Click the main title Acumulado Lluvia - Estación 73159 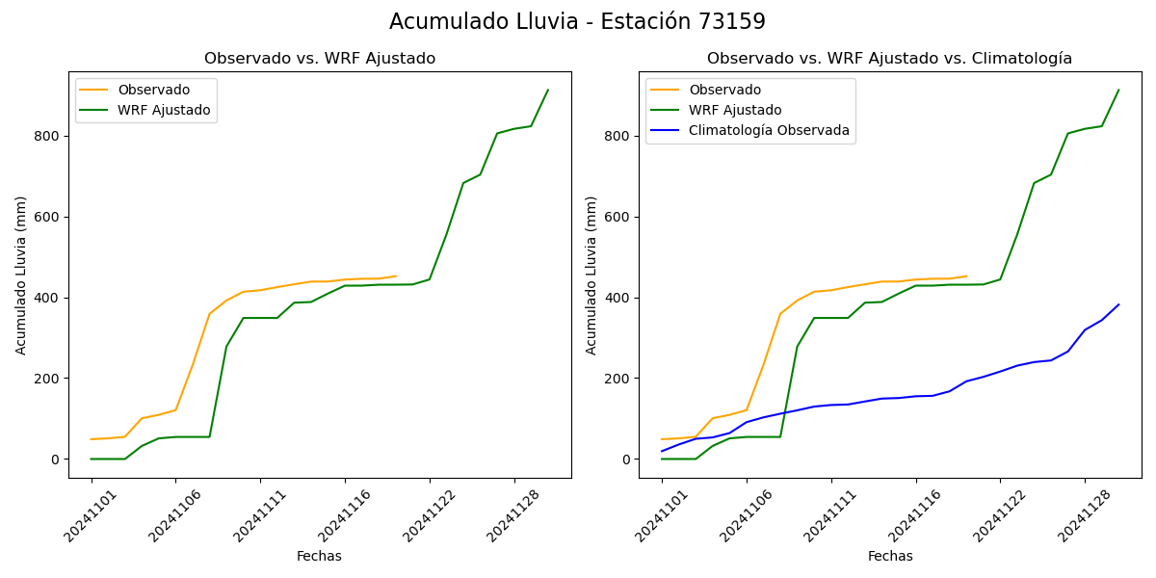pos(577,22)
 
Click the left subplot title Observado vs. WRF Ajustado pos(320,59)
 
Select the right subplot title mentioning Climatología pos(889,59)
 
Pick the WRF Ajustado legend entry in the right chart pos(735,110)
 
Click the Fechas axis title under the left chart pos(319,556)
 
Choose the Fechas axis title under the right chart pos(889,556)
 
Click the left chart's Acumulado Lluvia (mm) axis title pos(21,275)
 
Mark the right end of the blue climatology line pos(1118,304)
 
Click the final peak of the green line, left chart pos(548,91)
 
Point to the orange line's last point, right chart pos(966,276)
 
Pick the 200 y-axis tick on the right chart pos(618,379)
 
